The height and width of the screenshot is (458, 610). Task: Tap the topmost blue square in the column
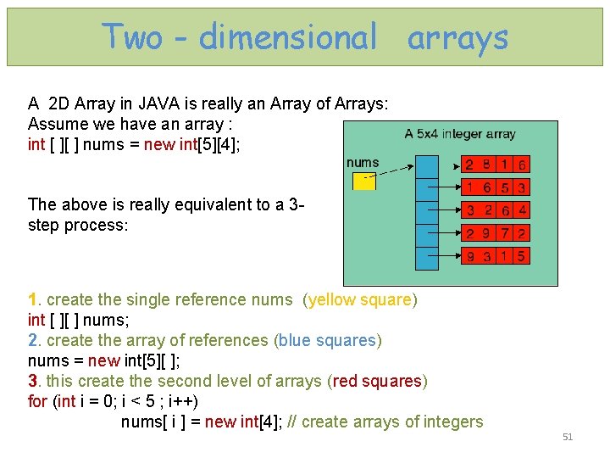click(x=424, y=165)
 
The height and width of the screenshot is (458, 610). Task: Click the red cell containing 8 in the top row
click(x=487, y=165)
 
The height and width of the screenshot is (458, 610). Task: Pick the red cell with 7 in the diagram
click(x=504, y=232)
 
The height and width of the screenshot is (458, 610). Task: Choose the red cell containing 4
click(x=522, y=209)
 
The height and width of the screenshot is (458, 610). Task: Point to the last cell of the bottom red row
click(x=522, y=255)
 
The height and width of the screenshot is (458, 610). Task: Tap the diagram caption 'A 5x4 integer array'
click(x=460, y=133)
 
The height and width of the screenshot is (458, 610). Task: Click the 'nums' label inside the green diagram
click(x=363, y=162)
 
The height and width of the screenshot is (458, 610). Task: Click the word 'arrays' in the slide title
click(x=457, y=37)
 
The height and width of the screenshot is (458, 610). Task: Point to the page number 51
click(x=568, y=437)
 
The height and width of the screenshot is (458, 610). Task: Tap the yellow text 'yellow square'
click(x=360, y=299)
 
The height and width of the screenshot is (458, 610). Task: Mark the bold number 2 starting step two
click(x=32, y=340)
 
